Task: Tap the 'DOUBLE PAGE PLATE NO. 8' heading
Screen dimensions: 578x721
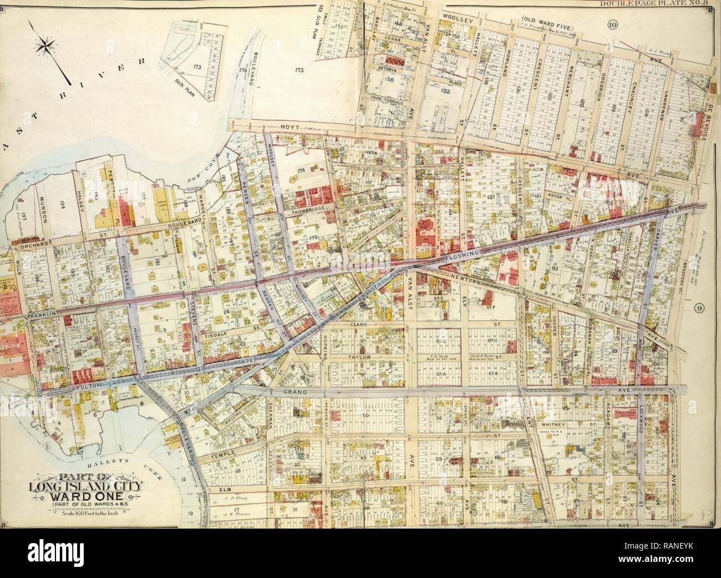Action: click(657, 5)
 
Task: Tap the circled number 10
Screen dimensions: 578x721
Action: click(612, 23)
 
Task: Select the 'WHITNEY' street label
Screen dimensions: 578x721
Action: click(552, 423)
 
